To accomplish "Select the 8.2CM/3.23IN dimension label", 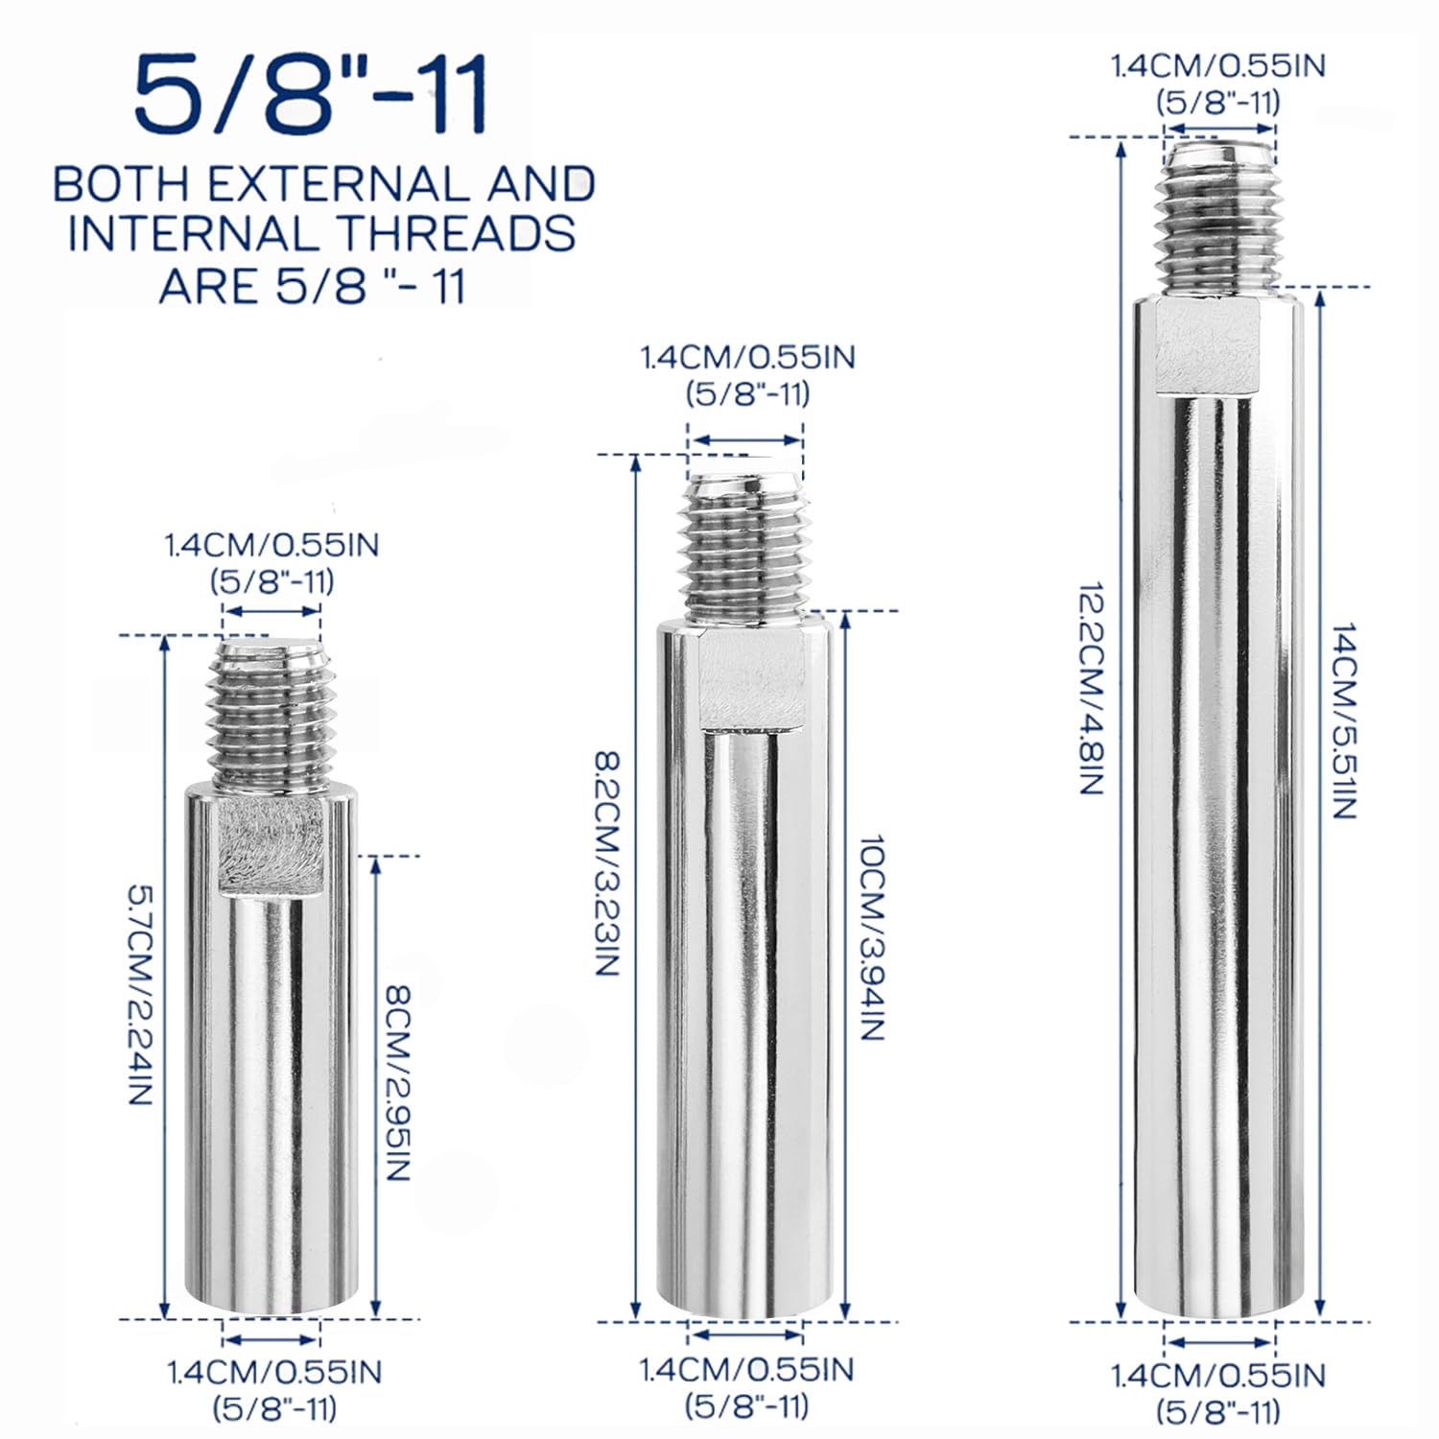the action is tap(608, 863).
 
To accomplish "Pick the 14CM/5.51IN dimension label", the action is tap(1343, 720).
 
